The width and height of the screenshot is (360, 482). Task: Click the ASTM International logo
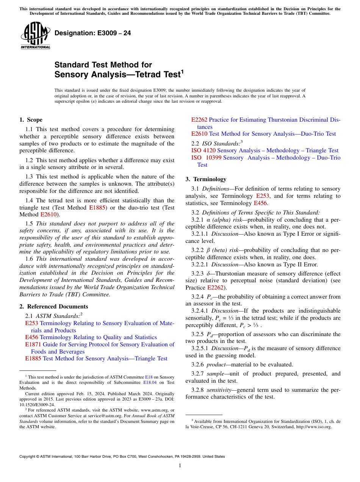[x=35, y=35]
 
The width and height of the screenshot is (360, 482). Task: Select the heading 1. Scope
[x=31, y=120]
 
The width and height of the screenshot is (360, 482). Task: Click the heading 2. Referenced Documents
[x=54, y=307]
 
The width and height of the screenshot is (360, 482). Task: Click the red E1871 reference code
[x=33, y=344]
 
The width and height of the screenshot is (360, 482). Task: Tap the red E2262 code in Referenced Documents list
[x=199, y=120]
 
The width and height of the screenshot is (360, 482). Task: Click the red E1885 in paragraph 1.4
[x=95, y=208]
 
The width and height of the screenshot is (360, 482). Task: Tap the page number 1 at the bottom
[x=180, y=466]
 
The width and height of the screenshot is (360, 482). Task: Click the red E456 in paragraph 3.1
[x=261, y=203]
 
